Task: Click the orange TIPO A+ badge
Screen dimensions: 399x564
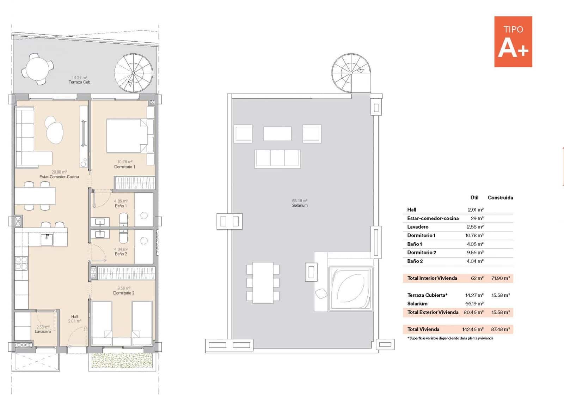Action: point(513,42)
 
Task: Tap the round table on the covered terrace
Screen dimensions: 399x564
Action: point(37,68)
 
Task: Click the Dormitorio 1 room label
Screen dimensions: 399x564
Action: point(124,167)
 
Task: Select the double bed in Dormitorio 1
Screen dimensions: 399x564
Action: point(127,136)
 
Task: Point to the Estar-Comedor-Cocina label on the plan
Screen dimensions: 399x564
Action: point(59,177)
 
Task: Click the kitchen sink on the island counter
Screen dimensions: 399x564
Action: point(47,239)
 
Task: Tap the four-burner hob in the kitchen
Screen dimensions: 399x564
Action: point(21,263)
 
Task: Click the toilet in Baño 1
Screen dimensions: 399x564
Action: point(123,219)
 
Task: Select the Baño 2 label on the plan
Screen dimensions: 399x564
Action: point(121,254)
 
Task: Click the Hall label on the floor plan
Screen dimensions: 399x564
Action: point(74,316)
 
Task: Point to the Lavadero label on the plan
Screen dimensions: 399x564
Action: point(43,332)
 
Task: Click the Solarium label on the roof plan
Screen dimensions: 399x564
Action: point(300,205)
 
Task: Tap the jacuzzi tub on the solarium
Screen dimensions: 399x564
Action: point(350,289)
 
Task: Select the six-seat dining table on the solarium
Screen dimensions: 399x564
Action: point(263,283)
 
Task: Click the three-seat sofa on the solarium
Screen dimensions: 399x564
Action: point(278,158)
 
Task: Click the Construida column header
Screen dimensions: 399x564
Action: point(500,198)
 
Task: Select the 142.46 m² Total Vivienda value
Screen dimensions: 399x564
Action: point(473,330)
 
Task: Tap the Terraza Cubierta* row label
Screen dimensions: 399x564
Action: point(427,295)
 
